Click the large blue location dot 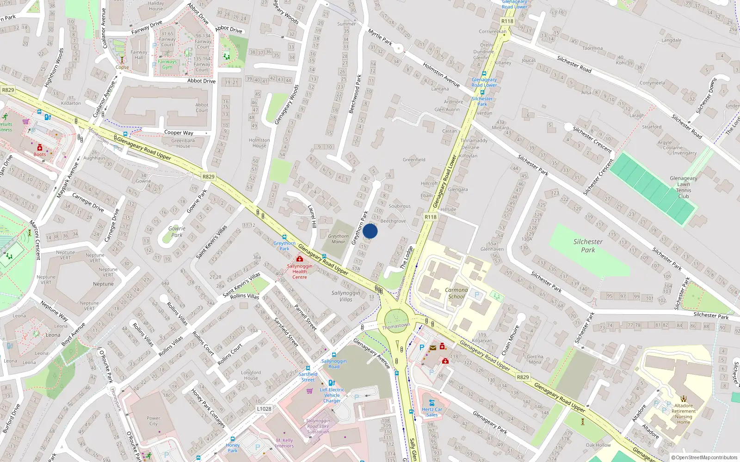370,231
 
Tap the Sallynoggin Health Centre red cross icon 300,259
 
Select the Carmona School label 456,293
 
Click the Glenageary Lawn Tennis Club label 683,187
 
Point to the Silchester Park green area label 588,246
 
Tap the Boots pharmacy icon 39,148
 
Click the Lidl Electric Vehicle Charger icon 331,383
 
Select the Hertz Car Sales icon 432,403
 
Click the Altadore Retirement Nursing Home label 684,414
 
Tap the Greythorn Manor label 338,239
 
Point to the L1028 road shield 264,409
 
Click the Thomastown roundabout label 396,326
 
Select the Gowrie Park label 177,231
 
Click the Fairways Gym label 167,64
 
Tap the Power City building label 154,421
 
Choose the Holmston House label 259,143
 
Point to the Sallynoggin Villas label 345,296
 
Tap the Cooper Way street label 179,133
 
